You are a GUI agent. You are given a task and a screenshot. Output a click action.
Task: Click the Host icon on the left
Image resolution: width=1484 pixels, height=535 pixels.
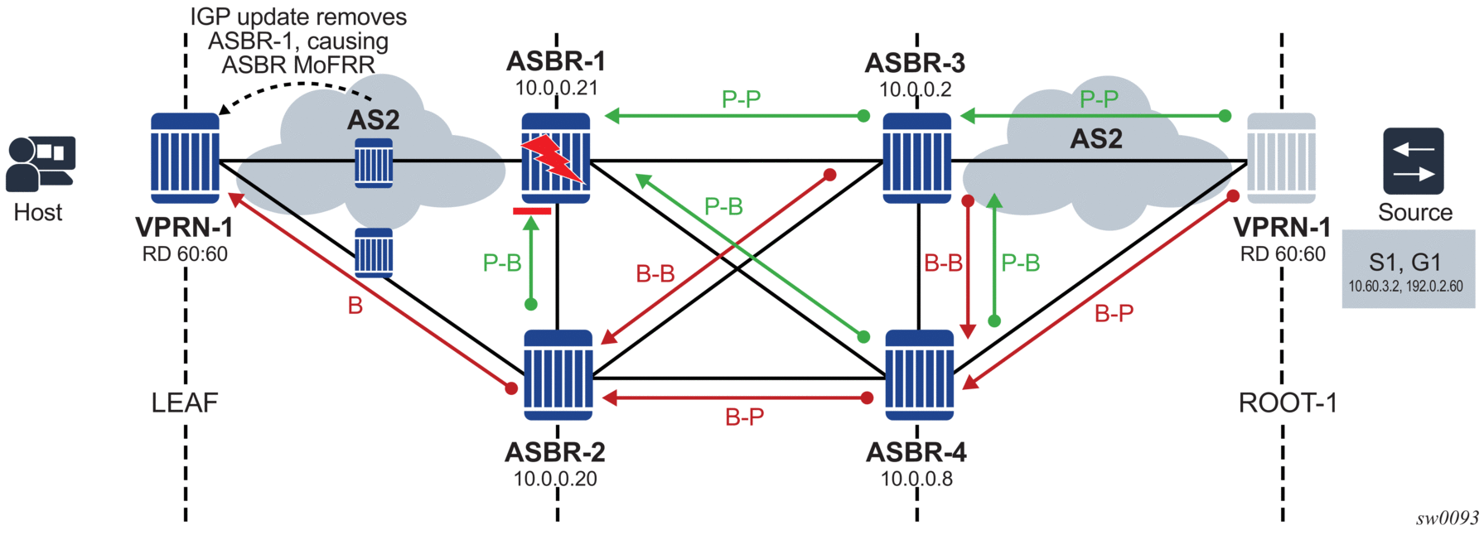(41, 164)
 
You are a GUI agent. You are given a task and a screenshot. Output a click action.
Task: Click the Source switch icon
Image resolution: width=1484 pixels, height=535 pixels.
(1413, 161)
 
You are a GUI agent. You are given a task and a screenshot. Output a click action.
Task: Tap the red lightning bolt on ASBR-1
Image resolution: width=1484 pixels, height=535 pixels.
(553, 158)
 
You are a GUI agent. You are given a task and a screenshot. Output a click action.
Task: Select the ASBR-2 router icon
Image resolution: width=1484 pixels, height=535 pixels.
(558, 375)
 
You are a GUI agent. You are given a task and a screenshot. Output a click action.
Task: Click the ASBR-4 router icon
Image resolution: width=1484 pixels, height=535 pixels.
(919, 375)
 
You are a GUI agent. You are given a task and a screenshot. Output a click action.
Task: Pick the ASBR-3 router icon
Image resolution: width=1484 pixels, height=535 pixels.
(916, 158)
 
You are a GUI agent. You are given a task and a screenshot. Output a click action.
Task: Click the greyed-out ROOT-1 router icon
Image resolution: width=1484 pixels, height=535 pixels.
(1281, 158)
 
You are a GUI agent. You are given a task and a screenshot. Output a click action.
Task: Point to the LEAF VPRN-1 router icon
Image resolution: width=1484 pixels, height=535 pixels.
(185, 158)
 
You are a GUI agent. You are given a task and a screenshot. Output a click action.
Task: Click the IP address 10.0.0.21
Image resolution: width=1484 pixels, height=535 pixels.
(556, 88)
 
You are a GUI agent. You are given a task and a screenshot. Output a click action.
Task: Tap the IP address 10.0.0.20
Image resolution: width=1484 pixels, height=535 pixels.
(555, 479)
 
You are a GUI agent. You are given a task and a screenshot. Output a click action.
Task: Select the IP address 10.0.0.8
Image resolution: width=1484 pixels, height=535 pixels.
(916, 479)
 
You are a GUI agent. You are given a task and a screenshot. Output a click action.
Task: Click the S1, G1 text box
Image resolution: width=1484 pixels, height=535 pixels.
(1408, 269)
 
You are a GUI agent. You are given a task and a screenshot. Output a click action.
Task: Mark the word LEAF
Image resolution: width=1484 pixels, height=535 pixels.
(184, 403)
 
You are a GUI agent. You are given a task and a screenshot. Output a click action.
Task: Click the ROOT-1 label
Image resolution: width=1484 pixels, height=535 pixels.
(1287, 403)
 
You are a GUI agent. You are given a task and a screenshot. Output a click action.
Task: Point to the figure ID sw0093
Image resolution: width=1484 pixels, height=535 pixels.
(1447, 518)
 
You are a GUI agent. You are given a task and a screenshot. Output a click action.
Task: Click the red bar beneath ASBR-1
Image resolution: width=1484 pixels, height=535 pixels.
(531, 211)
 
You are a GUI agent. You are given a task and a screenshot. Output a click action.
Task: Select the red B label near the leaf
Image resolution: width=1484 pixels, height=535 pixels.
(355, 306)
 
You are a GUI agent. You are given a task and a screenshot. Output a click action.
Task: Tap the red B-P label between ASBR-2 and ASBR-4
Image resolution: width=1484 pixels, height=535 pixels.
(744, 417)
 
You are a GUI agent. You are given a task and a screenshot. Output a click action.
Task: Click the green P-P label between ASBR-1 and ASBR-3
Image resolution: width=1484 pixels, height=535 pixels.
(741, 99)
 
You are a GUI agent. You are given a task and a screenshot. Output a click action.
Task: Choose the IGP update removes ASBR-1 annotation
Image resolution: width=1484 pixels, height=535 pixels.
(298, 41)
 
